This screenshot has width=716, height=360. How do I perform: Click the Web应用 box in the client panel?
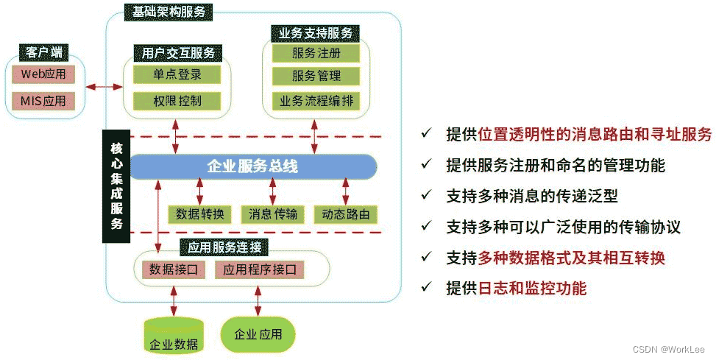click(x=43, y=74)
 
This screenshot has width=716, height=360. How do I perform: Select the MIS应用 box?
click(x=43, y=100)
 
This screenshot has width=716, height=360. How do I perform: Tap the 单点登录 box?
click(x=177, y=74)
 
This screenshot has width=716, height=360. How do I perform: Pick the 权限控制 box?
click(x=177, y=101)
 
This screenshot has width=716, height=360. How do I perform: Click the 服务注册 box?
click(x=316, y=53)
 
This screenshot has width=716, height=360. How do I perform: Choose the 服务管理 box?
click(x=316, y=76)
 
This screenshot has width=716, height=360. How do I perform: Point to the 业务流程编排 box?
click(x=316, y=101)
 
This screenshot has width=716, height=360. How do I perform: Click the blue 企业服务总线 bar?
click(x=252, y=166)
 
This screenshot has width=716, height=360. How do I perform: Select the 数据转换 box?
click(x=199, y=214)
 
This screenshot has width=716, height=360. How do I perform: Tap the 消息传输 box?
click(x=273, y=214)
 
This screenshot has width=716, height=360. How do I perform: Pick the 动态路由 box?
click(x=346, y=214)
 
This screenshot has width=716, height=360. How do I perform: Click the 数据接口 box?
click(x=173, y=269)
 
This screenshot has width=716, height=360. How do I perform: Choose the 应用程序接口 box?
click(x=260, y=269)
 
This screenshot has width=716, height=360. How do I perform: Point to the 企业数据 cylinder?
click(x=174, y=336)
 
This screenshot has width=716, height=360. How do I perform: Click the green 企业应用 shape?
click(x=258, y=334)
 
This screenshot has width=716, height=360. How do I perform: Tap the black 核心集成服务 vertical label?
click(x=116, y=186)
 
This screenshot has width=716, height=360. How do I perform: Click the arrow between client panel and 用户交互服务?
click(x=104, y=87)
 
